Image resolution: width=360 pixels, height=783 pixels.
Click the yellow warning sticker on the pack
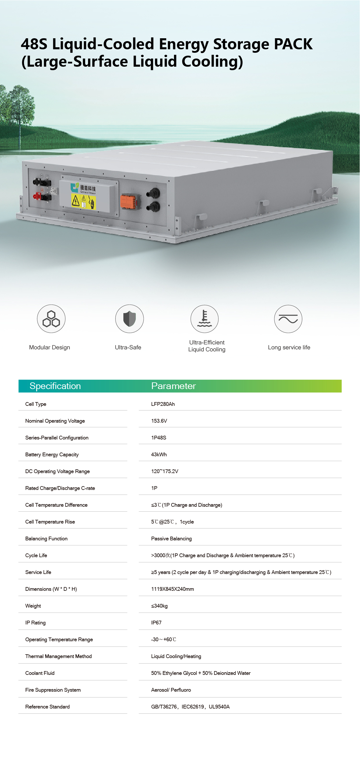pos(83,201)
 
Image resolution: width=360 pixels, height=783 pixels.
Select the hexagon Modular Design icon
pos(51,319)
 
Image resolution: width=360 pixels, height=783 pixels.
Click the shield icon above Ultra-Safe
pos(129,319)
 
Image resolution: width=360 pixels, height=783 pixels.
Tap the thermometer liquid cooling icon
pos(204,319)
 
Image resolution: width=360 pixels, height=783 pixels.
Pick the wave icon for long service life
pos(288,319)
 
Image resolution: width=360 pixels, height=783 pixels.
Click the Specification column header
pos(55,386)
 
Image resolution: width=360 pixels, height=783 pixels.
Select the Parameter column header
pos(173,386)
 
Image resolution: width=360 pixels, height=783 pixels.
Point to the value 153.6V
pos(159,421)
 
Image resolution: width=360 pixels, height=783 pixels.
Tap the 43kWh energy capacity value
pos(159,455)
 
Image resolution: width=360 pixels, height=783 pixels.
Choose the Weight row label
pos(33,606)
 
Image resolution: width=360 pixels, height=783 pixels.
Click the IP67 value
pos(156,623)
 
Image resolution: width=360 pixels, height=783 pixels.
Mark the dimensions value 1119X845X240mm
pos(173,589)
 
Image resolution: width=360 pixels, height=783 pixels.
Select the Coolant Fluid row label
pos(40,673)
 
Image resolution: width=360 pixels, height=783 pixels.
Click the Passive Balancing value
pos(171,539)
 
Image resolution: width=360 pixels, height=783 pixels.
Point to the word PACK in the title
pos(293,44)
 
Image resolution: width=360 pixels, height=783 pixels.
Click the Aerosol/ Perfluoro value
pos(171,690)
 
